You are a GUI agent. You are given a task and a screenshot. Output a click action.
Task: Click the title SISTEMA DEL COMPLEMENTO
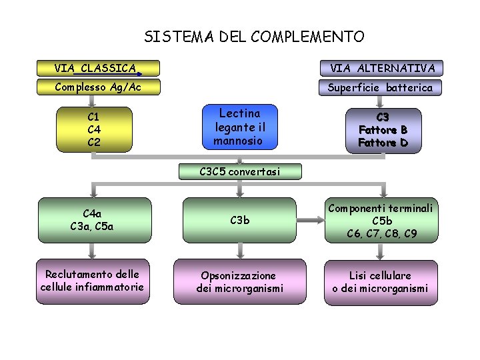coord(254,37)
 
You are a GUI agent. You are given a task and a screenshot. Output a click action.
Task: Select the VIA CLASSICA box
coord(98,68)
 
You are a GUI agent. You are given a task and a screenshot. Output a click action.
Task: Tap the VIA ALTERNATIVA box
coord(381,68)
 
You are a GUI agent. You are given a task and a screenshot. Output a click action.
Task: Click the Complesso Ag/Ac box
coord(98,87)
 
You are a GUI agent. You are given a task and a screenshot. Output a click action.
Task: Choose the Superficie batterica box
coord(381,87)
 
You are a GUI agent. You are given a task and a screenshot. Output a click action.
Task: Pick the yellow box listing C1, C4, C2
coord(93,130)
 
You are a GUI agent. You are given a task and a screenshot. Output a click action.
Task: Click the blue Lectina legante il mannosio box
coord(239,127)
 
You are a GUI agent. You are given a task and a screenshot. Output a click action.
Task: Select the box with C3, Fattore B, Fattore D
coord(383,130)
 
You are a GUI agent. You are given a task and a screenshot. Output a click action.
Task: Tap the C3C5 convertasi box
coord(240,171)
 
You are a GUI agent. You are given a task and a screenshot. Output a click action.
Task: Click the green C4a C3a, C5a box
coord(93,219)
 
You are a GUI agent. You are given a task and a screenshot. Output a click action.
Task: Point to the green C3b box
coord(240,219)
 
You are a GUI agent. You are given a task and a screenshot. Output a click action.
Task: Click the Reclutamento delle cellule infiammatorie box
coord(93,281)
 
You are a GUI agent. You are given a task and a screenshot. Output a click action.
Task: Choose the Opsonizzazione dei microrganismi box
coord(240,281)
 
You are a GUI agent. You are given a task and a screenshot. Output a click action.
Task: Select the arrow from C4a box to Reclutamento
coord(93,250)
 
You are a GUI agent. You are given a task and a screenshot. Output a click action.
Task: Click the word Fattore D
coord(383,143)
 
